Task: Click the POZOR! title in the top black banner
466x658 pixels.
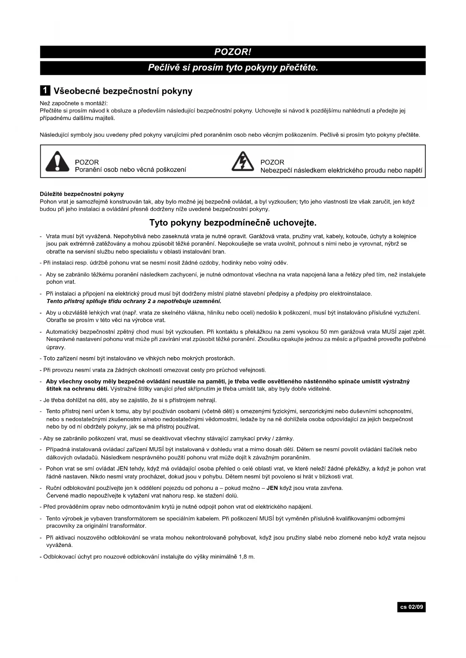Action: pos(232,52)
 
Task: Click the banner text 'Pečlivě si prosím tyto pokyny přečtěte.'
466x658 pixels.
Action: pos(233,68)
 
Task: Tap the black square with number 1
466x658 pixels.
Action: pos(45,91)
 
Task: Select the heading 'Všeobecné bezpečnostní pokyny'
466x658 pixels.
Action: pos(123,91)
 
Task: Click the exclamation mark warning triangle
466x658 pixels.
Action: pos(57,162)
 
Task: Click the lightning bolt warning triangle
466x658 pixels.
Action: pos(243,162)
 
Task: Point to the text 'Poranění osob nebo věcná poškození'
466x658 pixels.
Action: pos(130,170)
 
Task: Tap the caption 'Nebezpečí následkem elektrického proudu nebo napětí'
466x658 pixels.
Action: pos(341,170)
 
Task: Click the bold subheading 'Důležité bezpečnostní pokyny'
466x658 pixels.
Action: pos(81,194)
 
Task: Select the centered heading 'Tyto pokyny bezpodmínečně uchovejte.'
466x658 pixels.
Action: pos(233,223)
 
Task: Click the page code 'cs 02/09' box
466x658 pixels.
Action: pos(411,607)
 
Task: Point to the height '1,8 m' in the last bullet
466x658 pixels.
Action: pos(247,557)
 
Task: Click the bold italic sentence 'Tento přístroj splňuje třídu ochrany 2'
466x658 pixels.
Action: pos(134,301)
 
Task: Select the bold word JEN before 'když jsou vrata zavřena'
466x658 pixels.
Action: pos(272,488)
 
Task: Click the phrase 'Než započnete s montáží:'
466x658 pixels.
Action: pos(74,103)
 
